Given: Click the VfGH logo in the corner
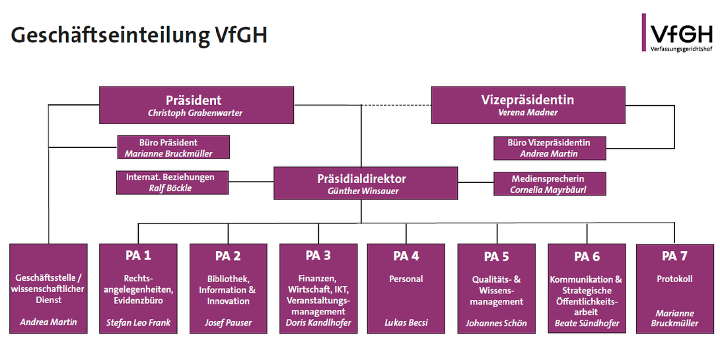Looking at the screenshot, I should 677,33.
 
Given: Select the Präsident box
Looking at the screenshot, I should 196,105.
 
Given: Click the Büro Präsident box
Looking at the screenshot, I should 173,147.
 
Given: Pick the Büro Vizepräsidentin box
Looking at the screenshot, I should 549,148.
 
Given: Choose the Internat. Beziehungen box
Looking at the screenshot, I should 173,182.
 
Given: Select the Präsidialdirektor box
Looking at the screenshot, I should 365,184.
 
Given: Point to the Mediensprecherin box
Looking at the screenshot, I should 548,184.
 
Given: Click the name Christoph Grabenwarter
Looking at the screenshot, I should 195,114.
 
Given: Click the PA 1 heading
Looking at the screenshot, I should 138,256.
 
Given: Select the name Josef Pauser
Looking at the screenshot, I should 228,324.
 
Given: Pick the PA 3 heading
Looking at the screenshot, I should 318,256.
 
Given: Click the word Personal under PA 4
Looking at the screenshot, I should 406,279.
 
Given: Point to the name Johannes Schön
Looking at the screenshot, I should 496,324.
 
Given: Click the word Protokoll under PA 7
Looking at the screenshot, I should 674,279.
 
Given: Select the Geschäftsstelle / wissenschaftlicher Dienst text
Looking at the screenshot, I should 48,289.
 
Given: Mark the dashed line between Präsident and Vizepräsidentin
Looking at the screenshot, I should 395,106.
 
